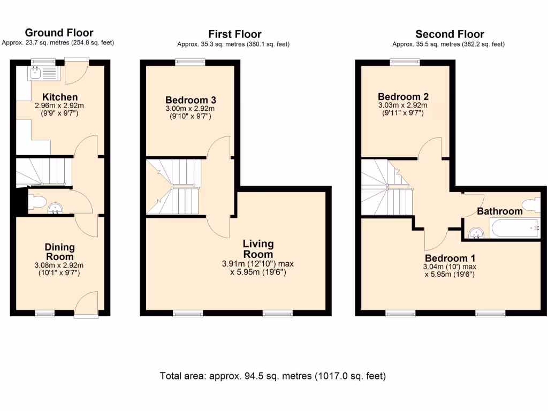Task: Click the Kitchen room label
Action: click(59, 97)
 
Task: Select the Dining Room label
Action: click(59, 252)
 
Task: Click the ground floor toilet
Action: click(37, 201)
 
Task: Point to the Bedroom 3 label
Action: click(191, 100)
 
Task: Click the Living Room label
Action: click(258, 249)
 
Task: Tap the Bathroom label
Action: click(499, 211)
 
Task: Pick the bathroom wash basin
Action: click(475, 232)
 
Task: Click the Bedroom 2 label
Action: click(403, 97)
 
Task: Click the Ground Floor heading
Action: click(59, 33)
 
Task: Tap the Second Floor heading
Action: click(450, 35)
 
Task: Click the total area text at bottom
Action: click(273, 376)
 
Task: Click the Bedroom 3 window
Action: click(190, 62)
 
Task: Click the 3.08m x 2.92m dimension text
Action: click(59, 265)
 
